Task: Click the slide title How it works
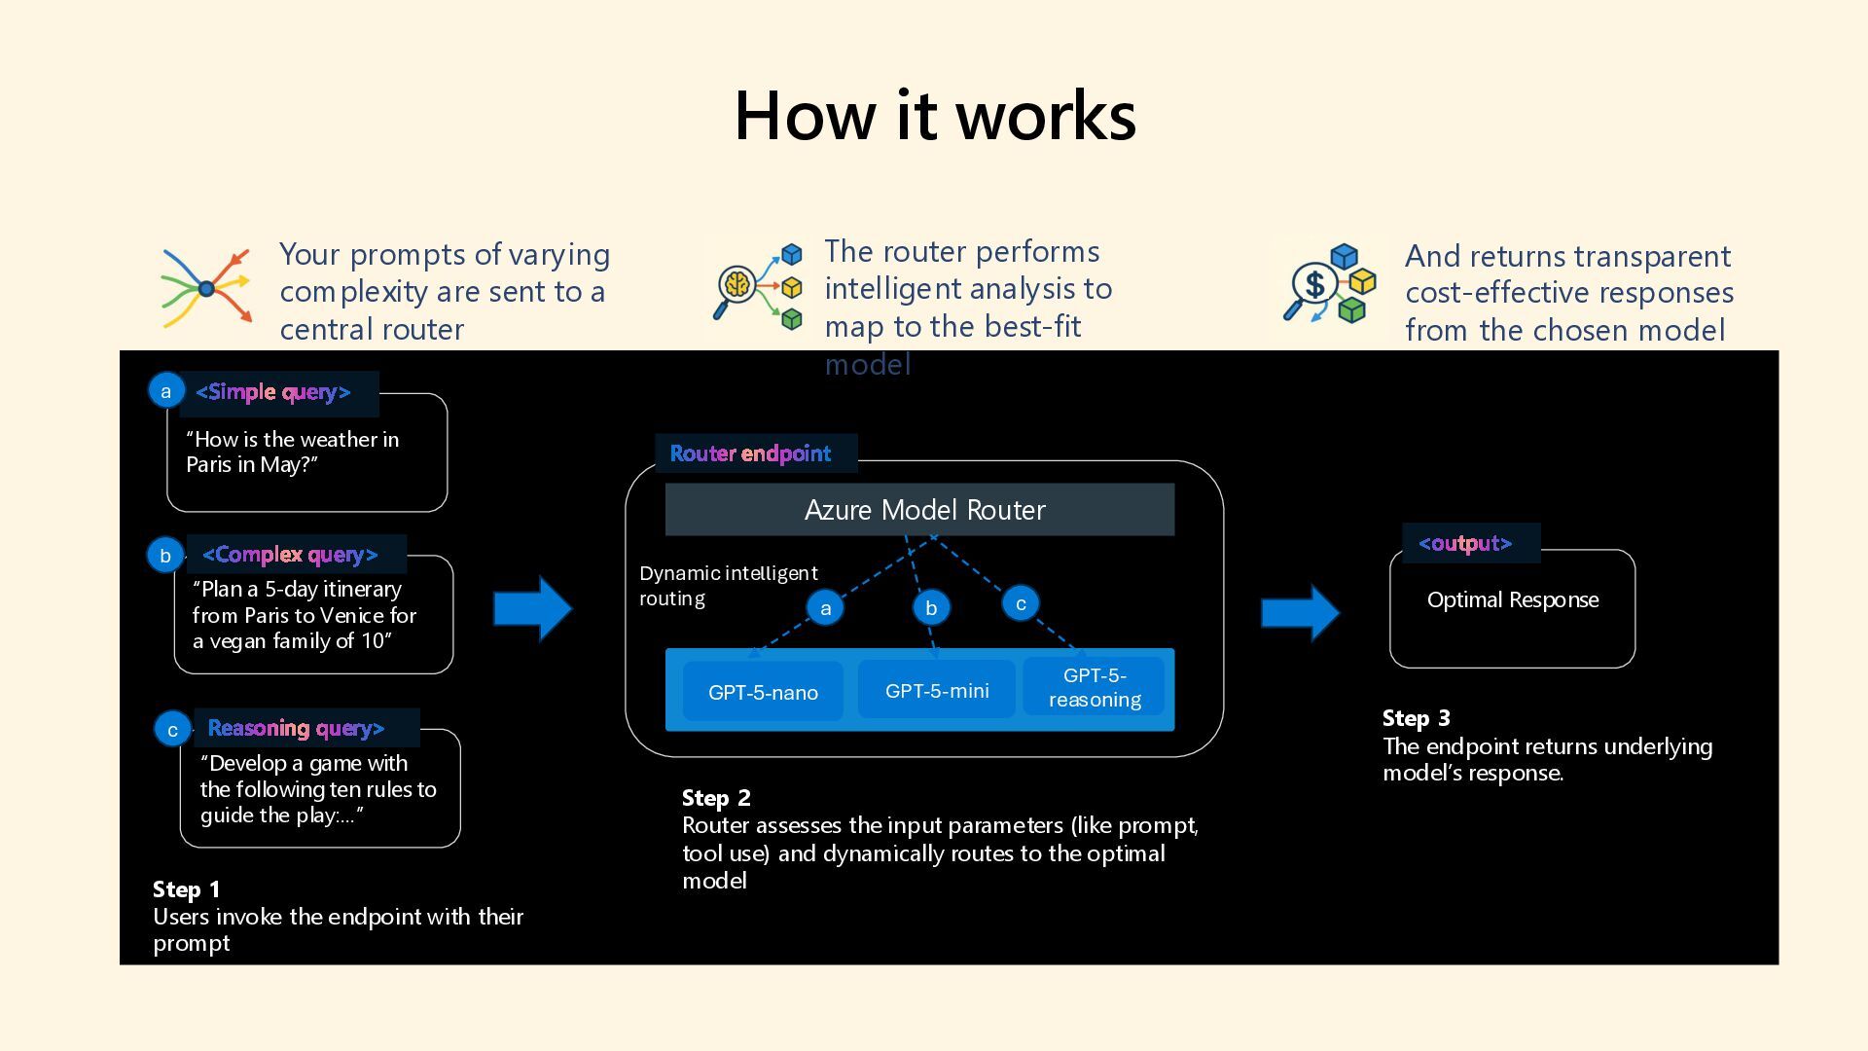click(x=935, y=116)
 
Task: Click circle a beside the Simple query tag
click(x=166, y=391)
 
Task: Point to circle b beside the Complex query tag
click(x=165, y=555)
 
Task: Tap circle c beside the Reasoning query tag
click(x=172, y=729)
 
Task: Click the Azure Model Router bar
click(x=919, y=510)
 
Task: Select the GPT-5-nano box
click(x=763, y=692)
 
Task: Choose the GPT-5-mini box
click(x=937, y=690)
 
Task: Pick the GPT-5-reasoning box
click(x=1095, y=687)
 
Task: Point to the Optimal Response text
click(x=1513, y=599)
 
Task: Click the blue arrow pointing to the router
click(x=533, y=609)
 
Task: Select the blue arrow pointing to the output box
click(x=1301, y=613)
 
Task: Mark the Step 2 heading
click(x=716, y=798)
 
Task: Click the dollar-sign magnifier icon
click(x=1329, y=283)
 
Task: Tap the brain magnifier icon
click(x=759, y=285)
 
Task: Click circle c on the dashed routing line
click(x=1021, y=603)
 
